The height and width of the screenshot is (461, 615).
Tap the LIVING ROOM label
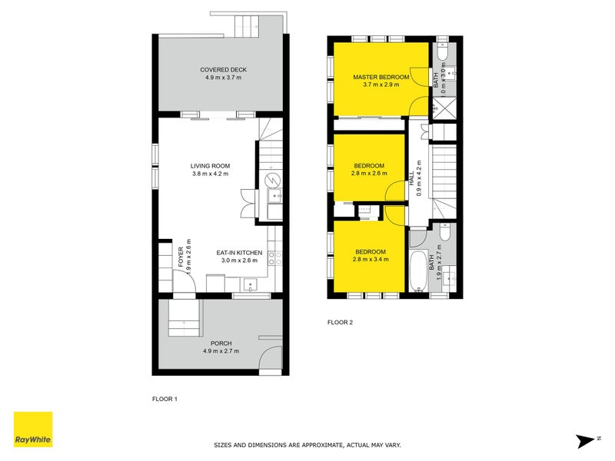(x=211, y=166)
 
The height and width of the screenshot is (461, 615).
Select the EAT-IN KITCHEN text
(x=239, y=253)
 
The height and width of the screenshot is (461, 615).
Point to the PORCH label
(x=221, y=343)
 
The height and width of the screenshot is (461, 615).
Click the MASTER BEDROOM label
(x=381, y=78)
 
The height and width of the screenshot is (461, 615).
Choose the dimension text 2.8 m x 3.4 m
(x=371, y=260)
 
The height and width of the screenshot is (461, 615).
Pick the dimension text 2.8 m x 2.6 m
(x=371, y=174)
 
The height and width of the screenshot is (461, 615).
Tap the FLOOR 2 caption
(x=340, y=323)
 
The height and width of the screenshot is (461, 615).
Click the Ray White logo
(x=33, y=430)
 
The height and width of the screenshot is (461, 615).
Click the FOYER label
(x=181, y=256)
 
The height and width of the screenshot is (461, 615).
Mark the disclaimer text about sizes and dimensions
(x=307, y=445)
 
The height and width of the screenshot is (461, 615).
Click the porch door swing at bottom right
(x=271, y=361)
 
